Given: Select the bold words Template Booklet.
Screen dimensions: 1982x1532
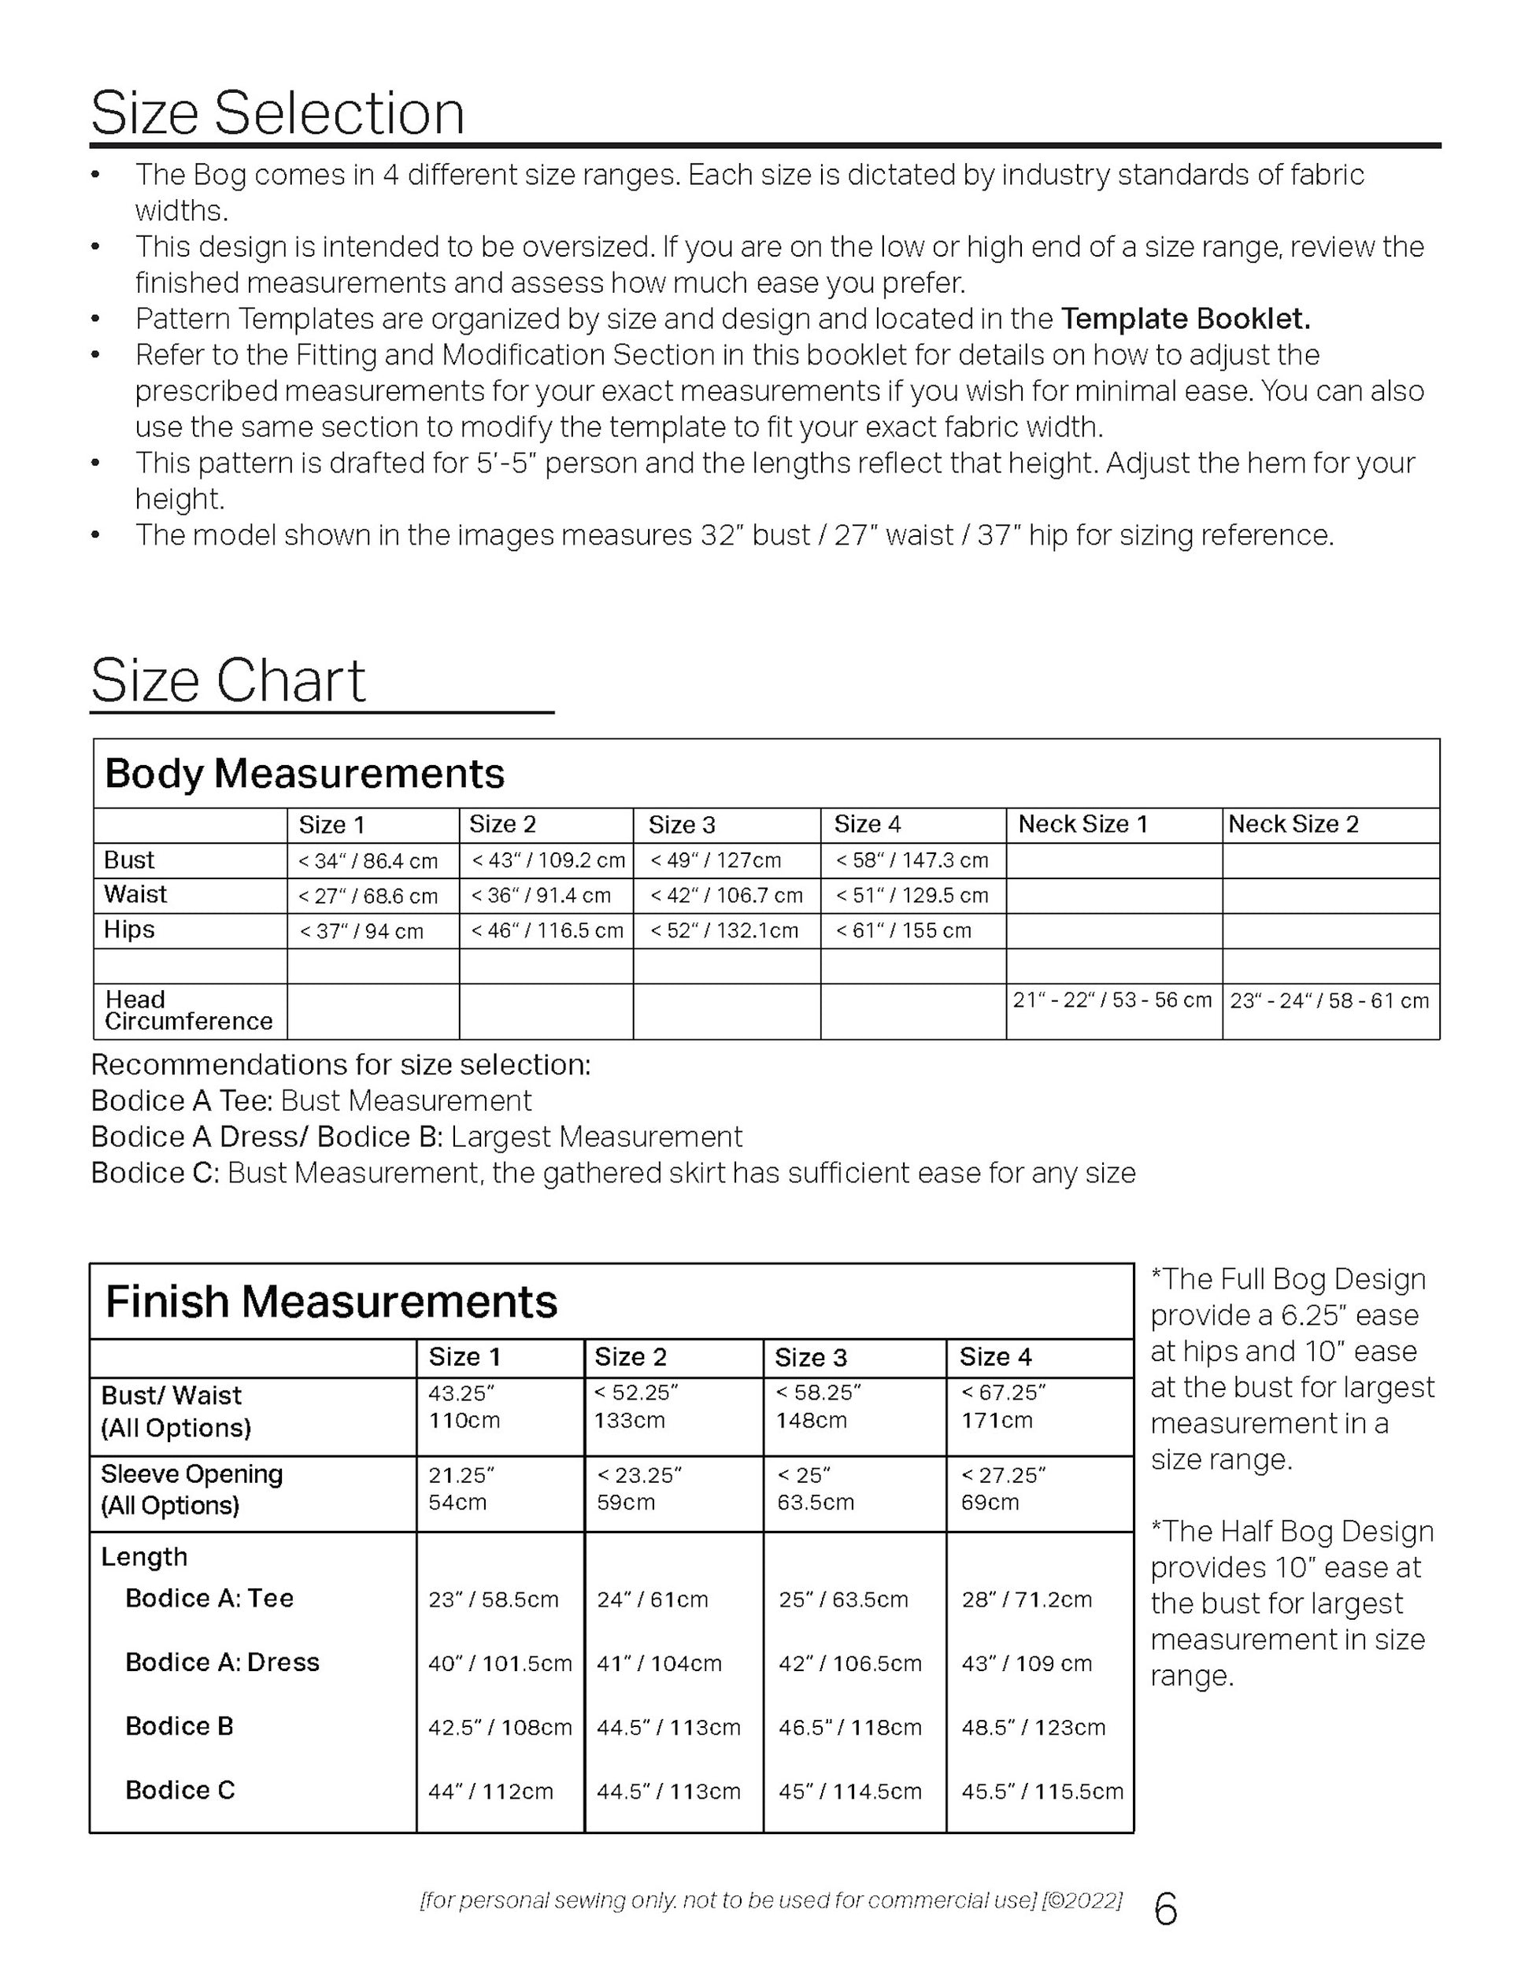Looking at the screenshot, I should pos(1186,319).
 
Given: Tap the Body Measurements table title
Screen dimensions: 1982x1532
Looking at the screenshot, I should pos(304,773).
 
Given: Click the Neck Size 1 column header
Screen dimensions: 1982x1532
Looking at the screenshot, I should pos(1082,824).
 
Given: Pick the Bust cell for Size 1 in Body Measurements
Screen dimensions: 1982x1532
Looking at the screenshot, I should pos(368,860).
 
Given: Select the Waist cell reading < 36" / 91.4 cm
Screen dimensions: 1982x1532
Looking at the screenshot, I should pos(541,896).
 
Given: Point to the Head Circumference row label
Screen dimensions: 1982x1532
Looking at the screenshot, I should pos(188,1010).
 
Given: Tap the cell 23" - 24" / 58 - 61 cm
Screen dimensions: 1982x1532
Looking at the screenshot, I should pos(1329,1000).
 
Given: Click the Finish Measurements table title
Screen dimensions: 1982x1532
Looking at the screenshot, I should pos(331,1300).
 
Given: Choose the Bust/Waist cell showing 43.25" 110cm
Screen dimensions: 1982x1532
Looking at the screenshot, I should pos(464,1406).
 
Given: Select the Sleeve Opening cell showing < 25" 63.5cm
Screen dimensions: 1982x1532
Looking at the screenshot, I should pos(815,1488).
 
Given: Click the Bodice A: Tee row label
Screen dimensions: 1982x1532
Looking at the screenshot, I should pos(209,1598).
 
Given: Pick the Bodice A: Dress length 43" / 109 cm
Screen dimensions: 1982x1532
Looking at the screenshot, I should pos(1027,1663).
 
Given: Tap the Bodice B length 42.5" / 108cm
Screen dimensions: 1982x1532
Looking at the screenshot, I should pos(500,1727).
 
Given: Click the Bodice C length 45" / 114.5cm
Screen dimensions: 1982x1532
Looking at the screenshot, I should pos(849,1792).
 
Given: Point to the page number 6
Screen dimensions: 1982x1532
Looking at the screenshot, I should pos(1165,1910).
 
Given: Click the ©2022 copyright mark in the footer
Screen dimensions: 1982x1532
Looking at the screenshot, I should pos(1082,1899).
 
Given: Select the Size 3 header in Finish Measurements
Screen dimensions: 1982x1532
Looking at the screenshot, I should pos(810,1358).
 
